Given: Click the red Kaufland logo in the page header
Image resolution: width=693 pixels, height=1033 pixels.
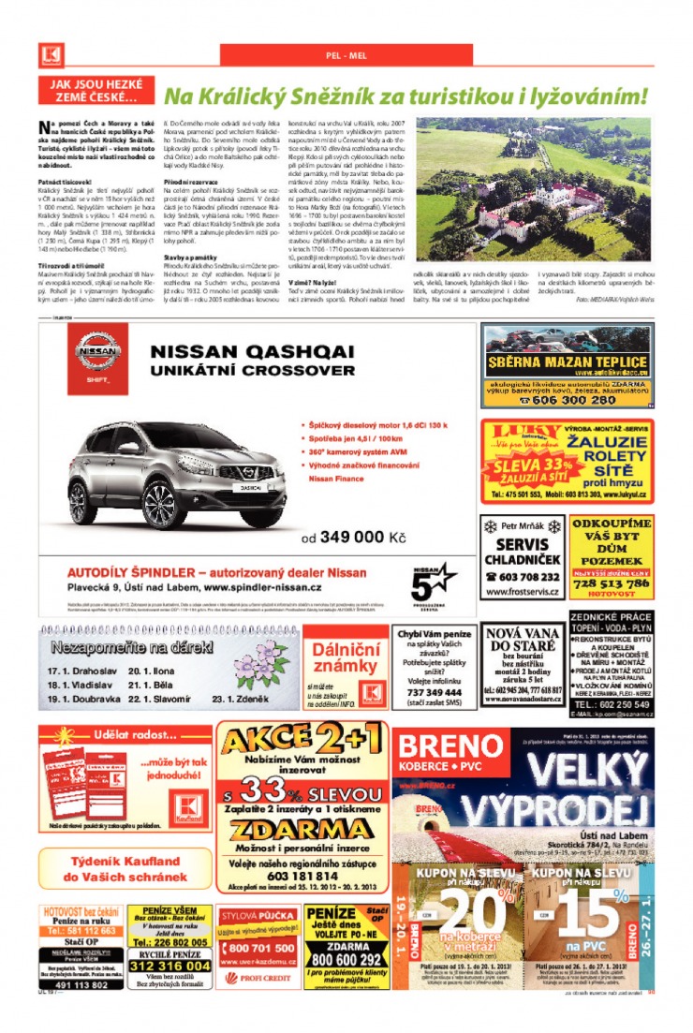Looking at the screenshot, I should tap(50, 54).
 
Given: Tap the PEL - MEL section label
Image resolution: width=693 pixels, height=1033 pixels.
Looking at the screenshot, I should tap(346, 55).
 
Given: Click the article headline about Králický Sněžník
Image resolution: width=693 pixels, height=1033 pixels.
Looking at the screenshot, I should tap(405, 96).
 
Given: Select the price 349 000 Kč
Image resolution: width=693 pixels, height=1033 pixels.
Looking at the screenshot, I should tap(353, 538).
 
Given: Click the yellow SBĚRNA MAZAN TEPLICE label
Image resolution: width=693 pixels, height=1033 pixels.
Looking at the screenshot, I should tap(567, 363).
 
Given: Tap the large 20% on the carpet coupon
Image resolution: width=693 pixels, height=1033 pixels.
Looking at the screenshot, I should tap(464, 909).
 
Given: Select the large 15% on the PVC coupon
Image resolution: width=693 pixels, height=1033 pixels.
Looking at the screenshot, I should tap(591, 909).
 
